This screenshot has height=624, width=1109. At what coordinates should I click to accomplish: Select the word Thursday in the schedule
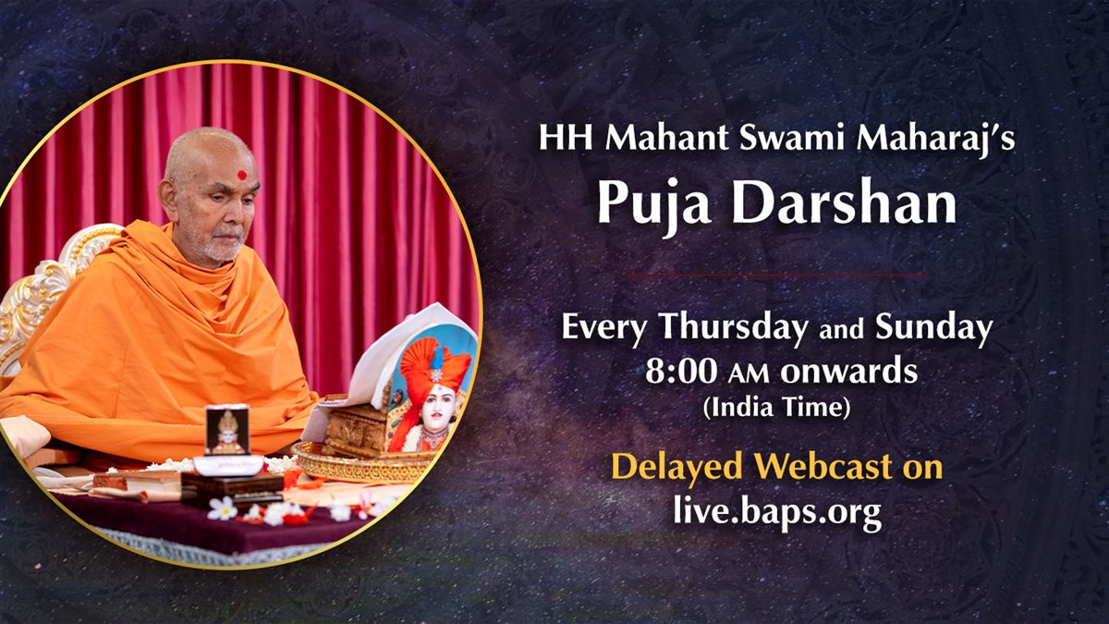point(734,329)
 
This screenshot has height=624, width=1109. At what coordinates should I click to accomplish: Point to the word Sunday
point(933,329)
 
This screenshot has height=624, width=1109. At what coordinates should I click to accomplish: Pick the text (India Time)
point(776,408)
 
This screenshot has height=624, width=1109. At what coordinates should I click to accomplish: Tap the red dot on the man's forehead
point(242,175)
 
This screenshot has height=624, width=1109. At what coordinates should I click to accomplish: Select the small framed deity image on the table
point(227,430)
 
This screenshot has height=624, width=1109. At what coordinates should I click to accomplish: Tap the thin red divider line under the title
point(776,275)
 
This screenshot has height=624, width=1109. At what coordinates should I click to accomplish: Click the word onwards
point(848,372)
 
